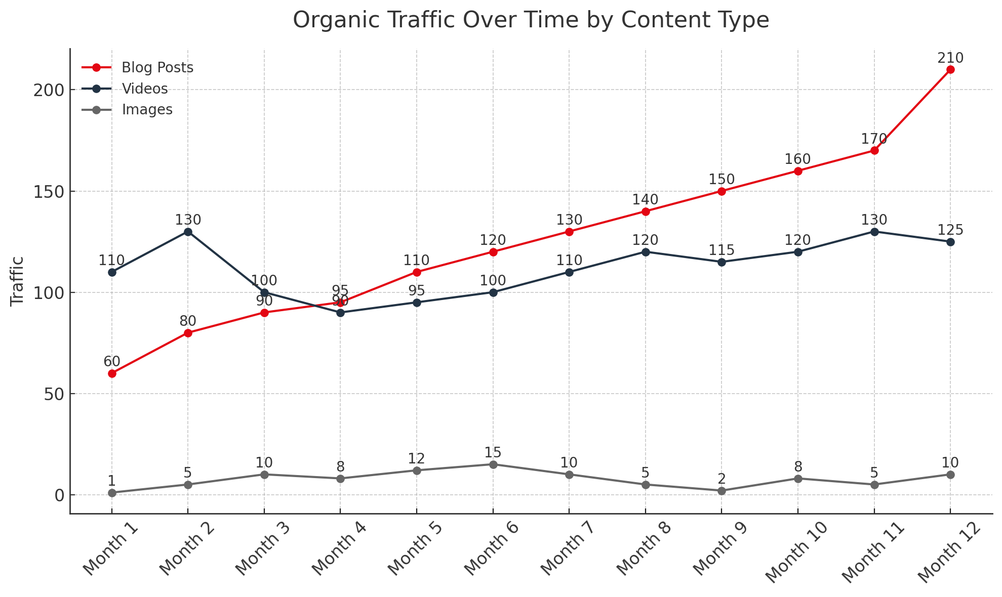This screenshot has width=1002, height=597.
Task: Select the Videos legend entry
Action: pos(144,89)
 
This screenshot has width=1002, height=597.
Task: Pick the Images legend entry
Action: pos(147,110)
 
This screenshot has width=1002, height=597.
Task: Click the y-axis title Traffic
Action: pos(17,281)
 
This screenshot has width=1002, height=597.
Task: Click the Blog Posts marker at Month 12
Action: pos(950,70)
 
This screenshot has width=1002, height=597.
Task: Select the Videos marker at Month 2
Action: pos(188,232)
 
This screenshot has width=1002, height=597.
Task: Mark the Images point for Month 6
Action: pos(493,464)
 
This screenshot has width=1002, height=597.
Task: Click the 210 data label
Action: pos(950,58)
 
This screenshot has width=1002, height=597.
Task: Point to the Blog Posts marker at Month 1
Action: pos(112,373)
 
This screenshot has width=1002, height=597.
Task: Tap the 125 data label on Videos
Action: pos(950,230)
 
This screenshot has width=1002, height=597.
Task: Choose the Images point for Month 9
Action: pos(722,491)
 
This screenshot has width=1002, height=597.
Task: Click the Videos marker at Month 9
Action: pos(722,262)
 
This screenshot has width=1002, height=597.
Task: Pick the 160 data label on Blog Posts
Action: pos(798,159)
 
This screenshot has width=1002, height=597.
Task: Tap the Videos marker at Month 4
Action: pos(340,313)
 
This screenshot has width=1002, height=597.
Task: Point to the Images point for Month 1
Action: pos(112,493)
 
